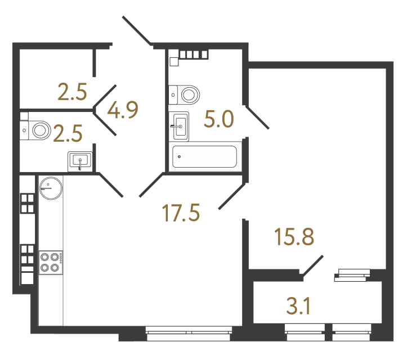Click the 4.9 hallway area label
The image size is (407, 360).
click(x=123, y=110)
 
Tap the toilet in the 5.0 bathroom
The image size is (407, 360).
click(x=186, y=94)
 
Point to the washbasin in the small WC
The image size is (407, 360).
click(x=80, y=161)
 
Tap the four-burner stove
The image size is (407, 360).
click(x=50, y=262)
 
